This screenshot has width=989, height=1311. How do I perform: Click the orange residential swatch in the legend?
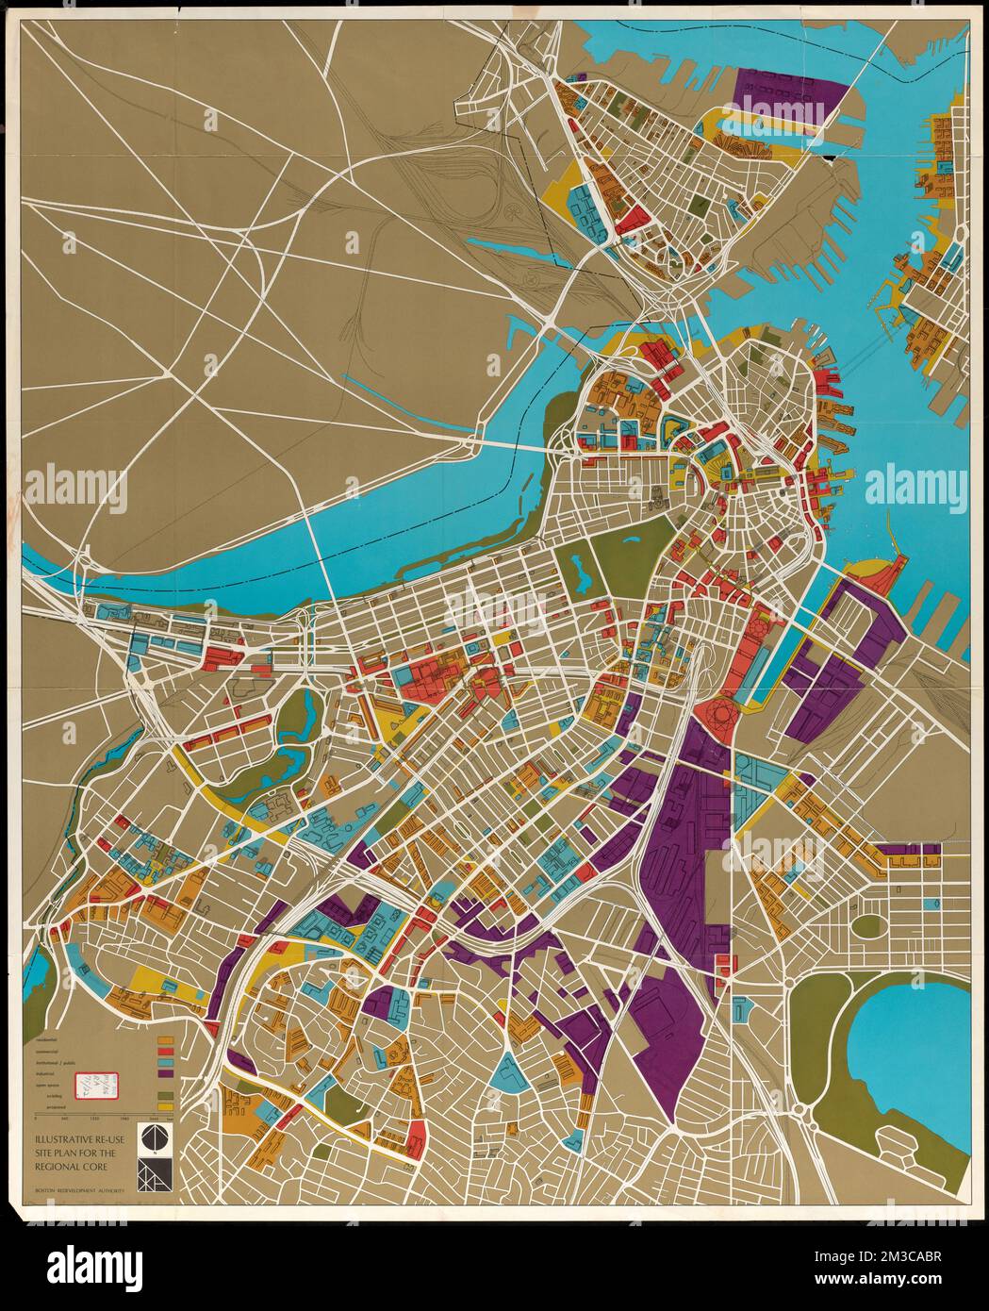point(166,1041)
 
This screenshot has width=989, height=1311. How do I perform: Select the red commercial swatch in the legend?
point(166,1053)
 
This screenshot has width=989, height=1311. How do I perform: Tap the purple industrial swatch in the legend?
point(166,1074)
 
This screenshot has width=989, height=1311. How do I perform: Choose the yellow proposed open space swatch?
point(166,1107)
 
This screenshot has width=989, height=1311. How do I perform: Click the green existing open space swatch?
point(166,1095)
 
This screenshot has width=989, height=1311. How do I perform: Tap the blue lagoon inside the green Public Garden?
point(578,569)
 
